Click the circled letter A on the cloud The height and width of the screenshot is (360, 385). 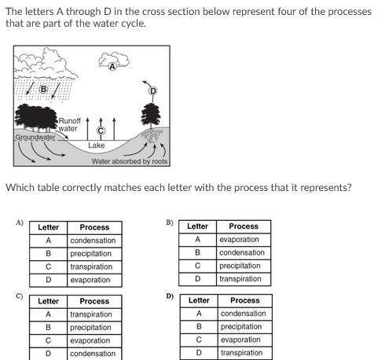pyautogui.click(x=112, y=67)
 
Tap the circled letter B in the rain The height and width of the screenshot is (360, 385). pyautogui.click(x=43, y=90)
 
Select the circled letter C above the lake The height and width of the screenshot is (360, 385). pyautogui.click(x=101, y=130)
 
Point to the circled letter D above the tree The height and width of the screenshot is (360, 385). pyautogui.click(x=152, y=91)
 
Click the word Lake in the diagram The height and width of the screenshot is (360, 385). pyautogui.click(x=96, y=145)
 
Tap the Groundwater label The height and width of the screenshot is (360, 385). pyautogui.click(x=35, y=137)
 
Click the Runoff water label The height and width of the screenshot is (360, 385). pyautogui.click(x=69, y=125)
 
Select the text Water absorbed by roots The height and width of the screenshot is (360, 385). pyautogui.click(x=130, y=161)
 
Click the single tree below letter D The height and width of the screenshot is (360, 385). pyautogui.click(x=151, y=116)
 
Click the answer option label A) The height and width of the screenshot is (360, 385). pyautogui.click(x=20, y=222)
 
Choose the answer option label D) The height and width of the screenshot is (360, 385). pyautogui.click(x=170, y=296)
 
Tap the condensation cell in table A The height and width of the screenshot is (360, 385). pyautogui.click(x=93, y=241)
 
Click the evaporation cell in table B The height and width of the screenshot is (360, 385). pyautogui.click(x=239, y=239)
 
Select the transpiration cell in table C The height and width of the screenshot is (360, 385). pyautogui.click(x=91, y=314)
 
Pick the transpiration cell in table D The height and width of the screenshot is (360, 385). pyautogui.click(x=241, y=353)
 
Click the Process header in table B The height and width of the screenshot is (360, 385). pyautogui.click(x=244, y=226)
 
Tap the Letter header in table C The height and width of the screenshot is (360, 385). pyautogui.click(x=48, y=301)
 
